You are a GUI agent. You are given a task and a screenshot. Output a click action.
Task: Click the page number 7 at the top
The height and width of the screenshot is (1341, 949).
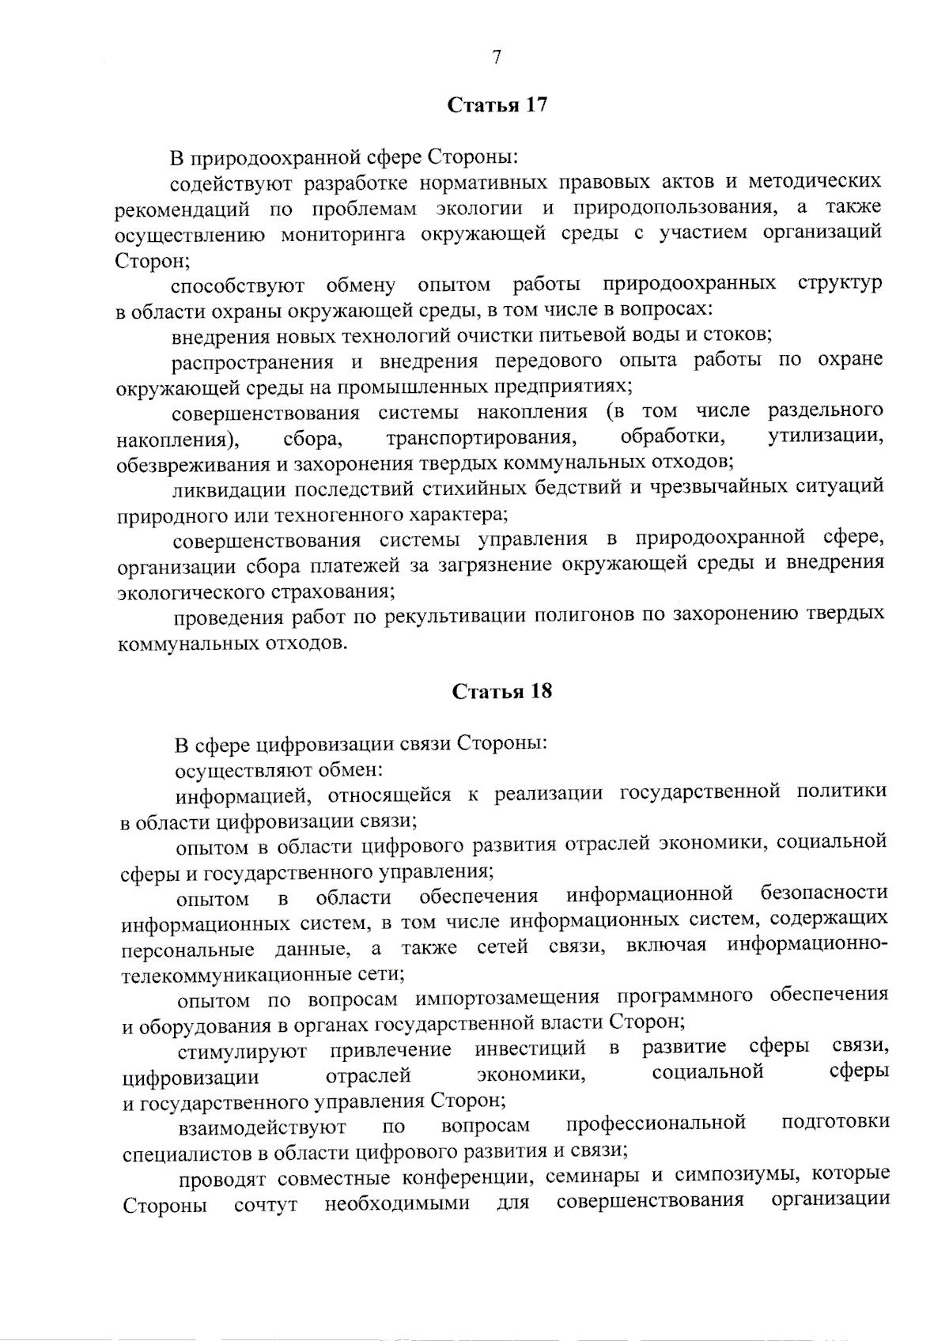497,57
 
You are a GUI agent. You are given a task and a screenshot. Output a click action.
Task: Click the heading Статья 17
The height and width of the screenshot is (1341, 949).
497,106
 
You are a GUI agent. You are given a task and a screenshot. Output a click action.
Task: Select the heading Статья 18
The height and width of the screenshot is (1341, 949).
501,692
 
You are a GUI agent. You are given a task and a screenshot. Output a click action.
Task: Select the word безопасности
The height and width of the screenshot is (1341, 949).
823,893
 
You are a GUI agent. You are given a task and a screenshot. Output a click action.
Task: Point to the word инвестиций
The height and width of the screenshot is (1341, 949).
531,1049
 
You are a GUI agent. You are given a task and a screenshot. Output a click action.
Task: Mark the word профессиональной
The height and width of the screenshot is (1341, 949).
656,1124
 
